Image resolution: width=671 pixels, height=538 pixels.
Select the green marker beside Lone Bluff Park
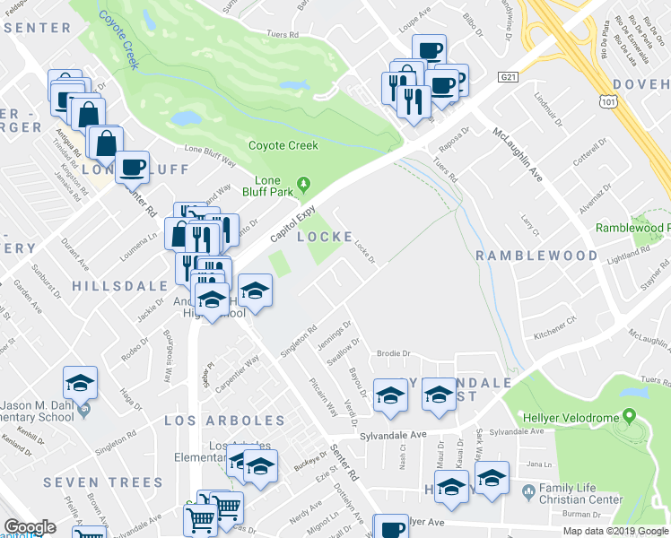(x=303, y=185)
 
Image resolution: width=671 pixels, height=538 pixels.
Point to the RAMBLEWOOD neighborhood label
(x=536, y=256)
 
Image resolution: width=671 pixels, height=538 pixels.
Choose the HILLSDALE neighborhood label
(x=119, y=285)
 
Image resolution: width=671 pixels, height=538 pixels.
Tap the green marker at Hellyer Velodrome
(x=629, y=416)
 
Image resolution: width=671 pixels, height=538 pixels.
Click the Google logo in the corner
(x=30, y=527)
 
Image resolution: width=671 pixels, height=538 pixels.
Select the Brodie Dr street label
(x=392, y=353)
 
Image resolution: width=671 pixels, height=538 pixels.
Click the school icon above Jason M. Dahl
(x=80, y=385)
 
